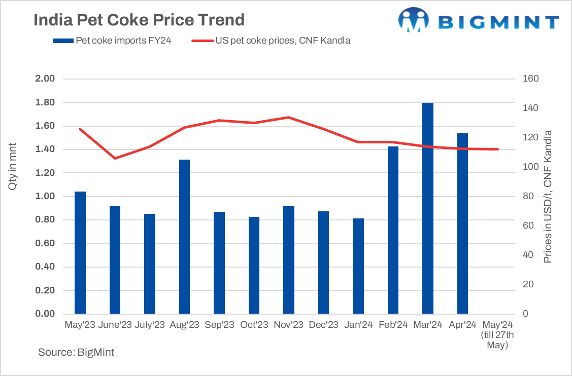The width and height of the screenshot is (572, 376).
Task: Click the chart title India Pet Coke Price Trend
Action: tap(139, 20)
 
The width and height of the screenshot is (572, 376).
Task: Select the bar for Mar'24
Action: tap(428, 208)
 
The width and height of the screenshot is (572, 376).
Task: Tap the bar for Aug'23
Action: tap(184, 237)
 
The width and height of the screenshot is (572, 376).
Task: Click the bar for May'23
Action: tap(80, 253)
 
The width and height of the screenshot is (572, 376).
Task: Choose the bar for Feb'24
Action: tap(393, 230)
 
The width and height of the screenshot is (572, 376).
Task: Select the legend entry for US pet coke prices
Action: tap(271, 41)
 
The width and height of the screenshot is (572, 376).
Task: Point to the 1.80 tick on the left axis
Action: tap(45, 102)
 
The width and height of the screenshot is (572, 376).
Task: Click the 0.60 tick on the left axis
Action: tap(45, 244)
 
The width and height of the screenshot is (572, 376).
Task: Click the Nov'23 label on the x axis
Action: tap(288, 325)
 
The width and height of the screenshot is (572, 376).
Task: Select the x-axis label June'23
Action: tap(115, 325)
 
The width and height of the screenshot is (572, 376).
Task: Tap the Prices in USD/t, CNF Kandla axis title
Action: tap(548, 197)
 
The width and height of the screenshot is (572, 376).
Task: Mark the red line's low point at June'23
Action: tap(115, 158)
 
